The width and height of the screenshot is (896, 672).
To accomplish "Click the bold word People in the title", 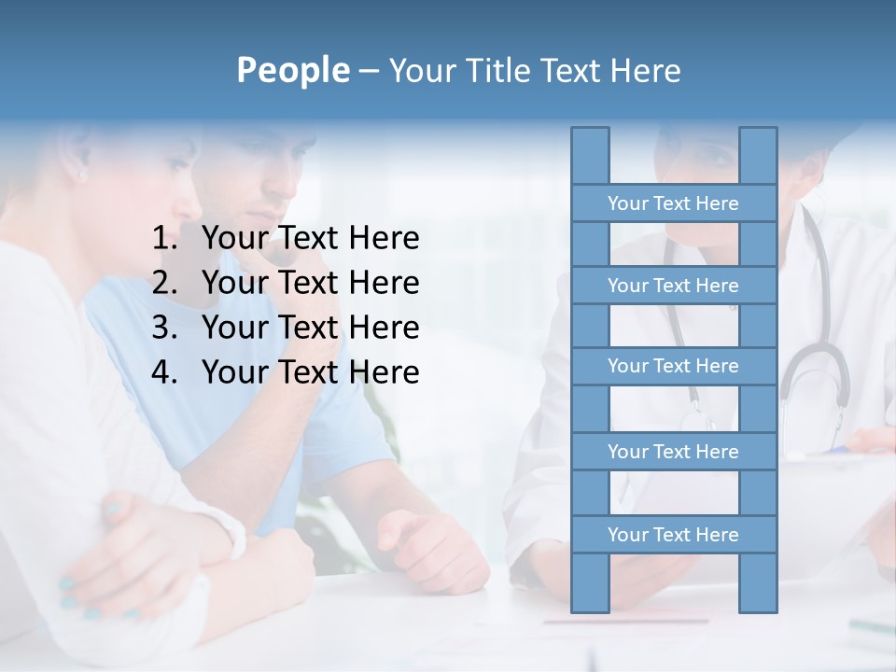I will [x=292, y=70].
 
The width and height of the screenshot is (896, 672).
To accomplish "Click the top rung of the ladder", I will [x=673, y=203].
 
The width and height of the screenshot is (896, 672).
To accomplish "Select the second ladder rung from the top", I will [x=673, y=286].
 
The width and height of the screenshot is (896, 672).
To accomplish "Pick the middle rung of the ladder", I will [x=673, y=366].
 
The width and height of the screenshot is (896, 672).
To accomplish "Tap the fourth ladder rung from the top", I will [x=673, y=452].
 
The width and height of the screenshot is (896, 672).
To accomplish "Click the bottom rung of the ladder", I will [x=673, y=535].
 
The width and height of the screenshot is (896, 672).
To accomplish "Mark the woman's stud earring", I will [x=82, y=175].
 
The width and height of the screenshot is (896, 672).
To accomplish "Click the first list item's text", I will [x=310, y=239].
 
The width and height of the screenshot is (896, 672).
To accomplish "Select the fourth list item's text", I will [x=310, y=372].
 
